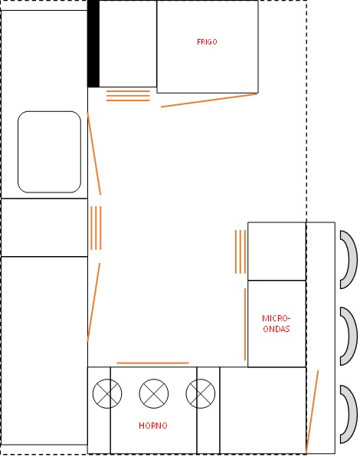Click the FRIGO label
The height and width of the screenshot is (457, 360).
point(207,42)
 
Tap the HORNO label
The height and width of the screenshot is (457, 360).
point(153,426)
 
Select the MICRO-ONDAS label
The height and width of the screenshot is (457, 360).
point(277,324)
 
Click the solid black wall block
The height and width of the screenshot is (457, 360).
point(93,44)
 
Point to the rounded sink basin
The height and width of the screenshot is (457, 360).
point(49,152)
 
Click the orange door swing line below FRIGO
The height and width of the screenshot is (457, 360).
point(209,100)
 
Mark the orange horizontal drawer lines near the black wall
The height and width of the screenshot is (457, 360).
point(128,96)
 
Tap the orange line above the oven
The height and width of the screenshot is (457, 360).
point(152,363)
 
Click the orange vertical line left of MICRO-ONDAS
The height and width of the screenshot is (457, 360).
point(245,324)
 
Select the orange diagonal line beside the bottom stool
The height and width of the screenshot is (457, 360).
point(313,412)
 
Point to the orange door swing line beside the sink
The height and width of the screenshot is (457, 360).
point(94,153)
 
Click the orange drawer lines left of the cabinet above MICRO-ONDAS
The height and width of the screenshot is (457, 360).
point(241,252)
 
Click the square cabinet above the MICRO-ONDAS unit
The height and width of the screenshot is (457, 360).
point(277,252)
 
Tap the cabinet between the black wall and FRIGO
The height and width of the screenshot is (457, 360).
point(128,44)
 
